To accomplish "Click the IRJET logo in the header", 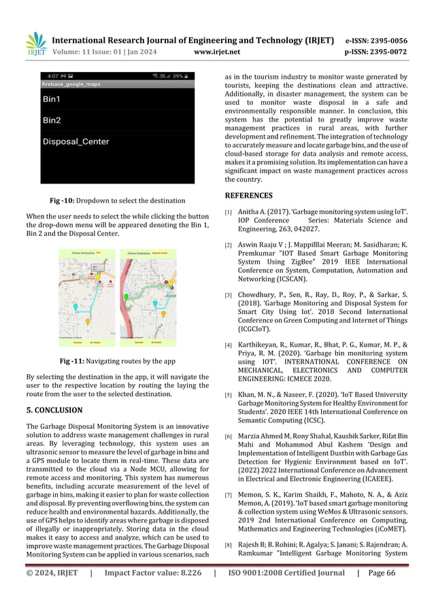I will point(35,43).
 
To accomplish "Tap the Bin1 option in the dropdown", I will point(52,99).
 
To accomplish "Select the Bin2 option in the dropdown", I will point(52,120).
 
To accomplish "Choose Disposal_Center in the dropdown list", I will point(76,142).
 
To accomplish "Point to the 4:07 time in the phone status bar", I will point(52,75).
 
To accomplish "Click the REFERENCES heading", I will point(250,196).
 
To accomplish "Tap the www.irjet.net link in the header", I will point(216,50).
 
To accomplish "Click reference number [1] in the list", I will point(229,213).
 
